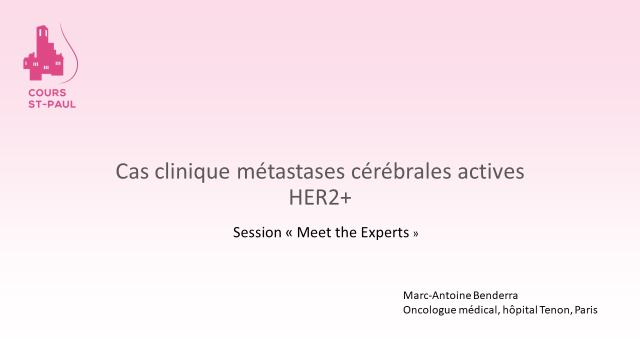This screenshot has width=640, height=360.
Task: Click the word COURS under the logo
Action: pyautogui.click(x=47, y=93)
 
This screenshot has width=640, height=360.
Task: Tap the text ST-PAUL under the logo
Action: pyautogui.click(x=52, y=104)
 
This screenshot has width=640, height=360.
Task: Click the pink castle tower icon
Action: pyautogui.click(x=43, y=53)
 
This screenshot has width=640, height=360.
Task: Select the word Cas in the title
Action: pyautogui.click(x=132, y=171)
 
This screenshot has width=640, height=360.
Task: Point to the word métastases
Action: pyautogui.click(x=290, y=171)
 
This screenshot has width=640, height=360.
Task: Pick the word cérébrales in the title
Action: pyautogui.click(x=401, y=171)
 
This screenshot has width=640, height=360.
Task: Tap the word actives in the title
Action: pyautogui.click(x=491, y=171)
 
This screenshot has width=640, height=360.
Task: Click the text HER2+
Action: pyautogui.click(x=320, y=197)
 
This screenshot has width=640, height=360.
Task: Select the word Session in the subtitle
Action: pyautogui.click(x=257, y=232)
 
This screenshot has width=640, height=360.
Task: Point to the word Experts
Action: pyautogui.click(x=385, y=233)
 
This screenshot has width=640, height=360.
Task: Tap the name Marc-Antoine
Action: pyautogui.click(x=437, y=295)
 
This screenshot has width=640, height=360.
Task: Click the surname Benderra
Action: pyautogui.click(x=495, y=295)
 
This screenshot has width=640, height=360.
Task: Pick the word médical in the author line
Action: pyautogui.click(x=479, y=310)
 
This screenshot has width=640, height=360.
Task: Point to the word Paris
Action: pyautogui.click(x=586, y=310)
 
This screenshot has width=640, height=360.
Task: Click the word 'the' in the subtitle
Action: pyautogui.click(x=345, y=232)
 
